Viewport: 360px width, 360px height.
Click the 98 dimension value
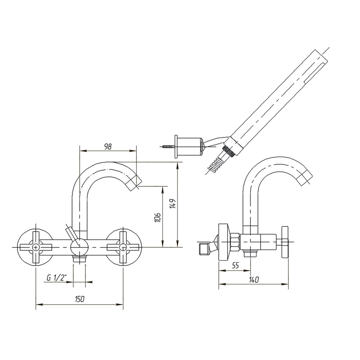108,147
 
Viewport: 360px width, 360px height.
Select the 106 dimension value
158,217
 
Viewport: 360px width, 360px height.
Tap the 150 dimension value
80,299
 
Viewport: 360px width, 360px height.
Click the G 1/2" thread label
56,278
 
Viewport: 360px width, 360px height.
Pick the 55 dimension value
235,265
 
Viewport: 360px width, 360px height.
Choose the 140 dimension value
253,279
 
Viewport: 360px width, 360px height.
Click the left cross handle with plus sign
36,247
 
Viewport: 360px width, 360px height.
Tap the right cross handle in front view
123,247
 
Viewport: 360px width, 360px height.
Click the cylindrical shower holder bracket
190,146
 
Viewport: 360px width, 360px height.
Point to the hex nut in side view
234,242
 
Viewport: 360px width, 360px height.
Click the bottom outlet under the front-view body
80,259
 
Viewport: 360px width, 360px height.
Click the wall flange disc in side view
223,242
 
